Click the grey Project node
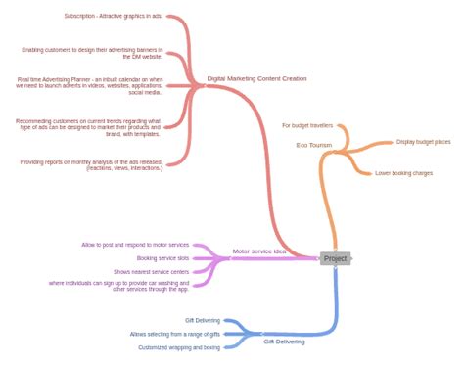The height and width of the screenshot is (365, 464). tap(335, 258)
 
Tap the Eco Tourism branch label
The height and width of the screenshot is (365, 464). tap(315, 145)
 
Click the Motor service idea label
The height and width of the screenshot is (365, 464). tap(259, 251)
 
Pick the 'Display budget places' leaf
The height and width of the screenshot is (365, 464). tap(423, 142)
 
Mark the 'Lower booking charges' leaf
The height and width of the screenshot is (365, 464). tap(403, 173)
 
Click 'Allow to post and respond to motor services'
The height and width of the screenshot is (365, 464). tap(135, 244)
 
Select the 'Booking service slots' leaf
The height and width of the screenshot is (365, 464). tap(162, 258)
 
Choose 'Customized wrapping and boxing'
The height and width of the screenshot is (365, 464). tap(178, 347)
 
